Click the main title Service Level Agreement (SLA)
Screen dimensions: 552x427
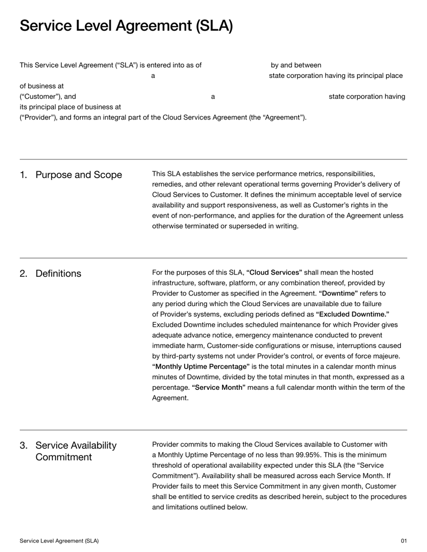click(x=126, y=26)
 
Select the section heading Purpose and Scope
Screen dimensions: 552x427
click(x=78, y=175)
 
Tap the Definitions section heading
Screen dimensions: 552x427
click(x=58, y=274)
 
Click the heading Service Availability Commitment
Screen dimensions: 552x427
click(x=76, y=451)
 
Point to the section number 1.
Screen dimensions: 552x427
click(x=23, y=175)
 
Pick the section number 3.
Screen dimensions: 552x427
click(x=23, y=445)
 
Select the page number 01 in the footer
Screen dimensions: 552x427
click(x=404, y=541)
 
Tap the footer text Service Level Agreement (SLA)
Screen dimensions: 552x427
click(x=59, y=541)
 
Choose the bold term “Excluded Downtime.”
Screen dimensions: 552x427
click(x=352, y=314)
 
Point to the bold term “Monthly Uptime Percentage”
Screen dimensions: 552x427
click(x=201, y=366)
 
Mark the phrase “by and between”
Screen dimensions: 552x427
click(x=296, y=66)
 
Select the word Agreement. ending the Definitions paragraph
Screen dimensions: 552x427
click(x=170, y=397)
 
